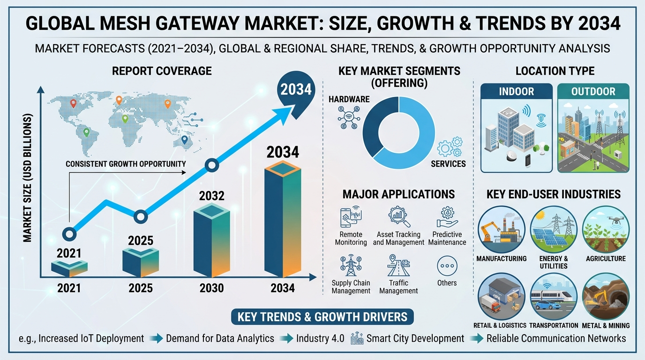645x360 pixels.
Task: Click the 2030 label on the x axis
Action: [x=212, y=288]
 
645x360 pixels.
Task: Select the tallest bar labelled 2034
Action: [x=283, y=219]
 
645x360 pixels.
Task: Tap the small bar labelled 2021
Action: [x=69, y=269]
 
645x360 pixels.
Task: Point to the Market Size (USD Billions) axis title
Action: [x=27, y=178]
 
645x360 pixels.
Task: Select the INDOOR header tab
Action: [x=516, y=91]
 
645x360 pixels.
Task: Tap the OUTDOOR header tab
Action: [x=593, y=91]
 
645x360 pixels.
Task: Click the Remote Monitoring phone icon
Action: [x=351, y=217]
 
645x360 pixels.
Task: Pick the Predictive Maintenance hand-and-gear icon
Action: [x=447, y=217]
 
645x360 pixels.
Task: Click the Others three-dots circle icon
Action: [x=447, y=266]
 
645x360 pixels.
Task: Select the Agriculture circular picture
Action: [x=606, y=230]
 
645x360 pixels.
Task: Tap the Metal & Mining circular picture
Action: [x=606, y=297]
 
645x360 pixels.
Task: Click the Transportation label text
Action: [x=554, y=325]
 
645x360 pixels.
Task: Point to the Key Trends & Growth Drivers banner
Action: [x=322, y=317]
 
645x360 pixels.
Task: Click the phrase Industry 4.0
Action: [x=320, y=338]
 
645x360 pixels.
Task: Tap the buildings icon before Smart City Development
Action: [x=357, y=338]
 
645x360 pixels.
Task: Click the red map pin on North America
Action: [x=74, y=104]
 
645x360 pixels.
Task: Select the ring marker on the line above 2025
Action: [x=141, y=217]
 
